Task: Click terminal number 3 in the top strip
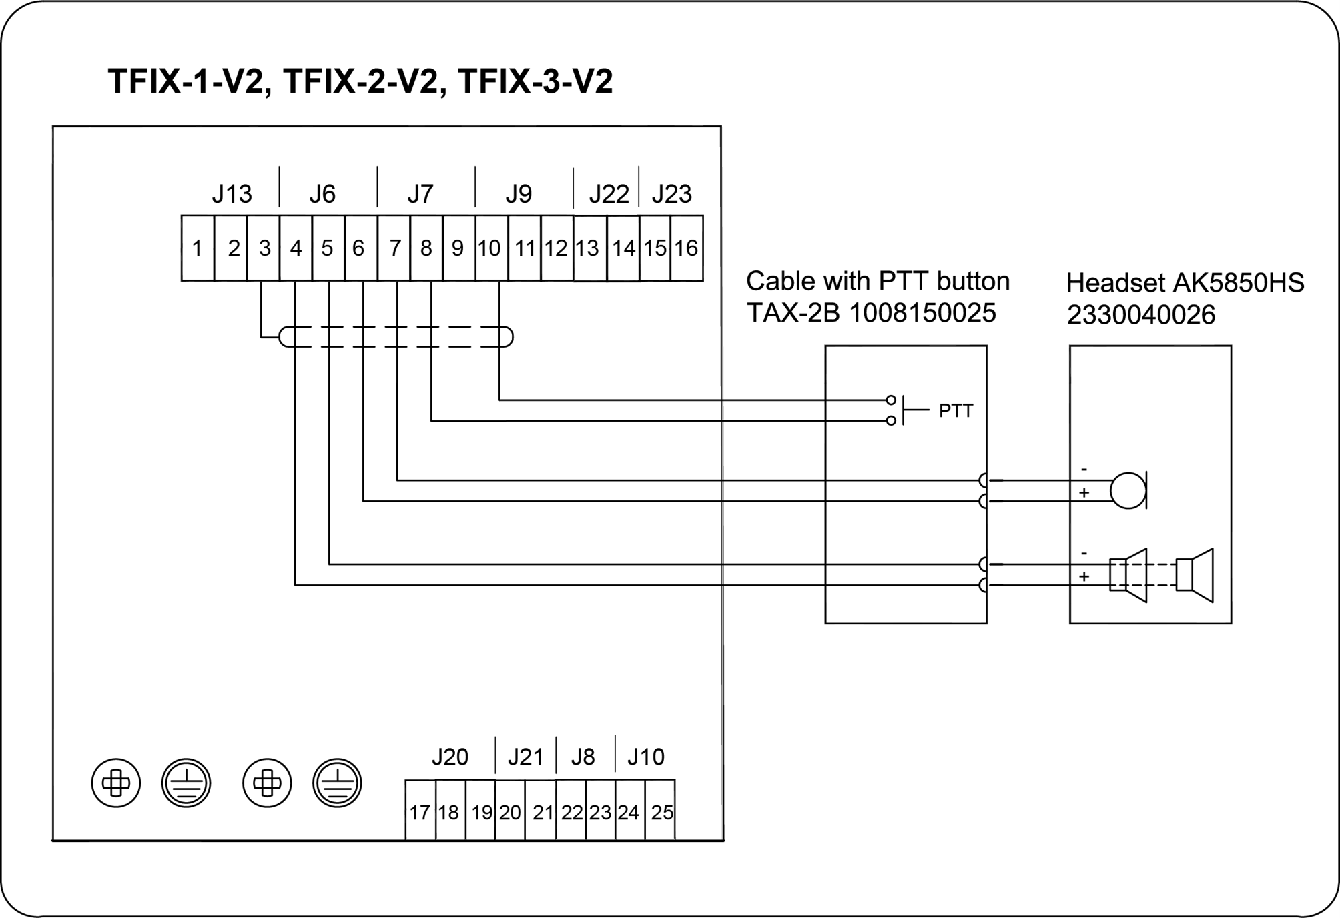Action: pos(264,248)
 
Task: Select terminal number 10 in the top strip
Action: pos(489,248)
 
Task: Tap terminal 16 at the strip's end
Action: pos(686,248)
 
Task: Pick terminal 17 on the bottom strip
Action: pos(420,812)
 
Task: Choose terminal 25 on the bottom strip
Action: pos(661,812)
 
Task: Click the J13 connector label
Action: pos(232,194)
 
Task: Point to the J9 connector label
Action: pos(518,194)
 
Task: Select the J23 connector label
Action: pos(671,194)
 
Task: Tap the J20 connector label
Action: pos(450,757)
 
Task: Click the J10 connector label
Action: pos(645,757)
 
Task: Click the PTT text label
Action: pos(956,411)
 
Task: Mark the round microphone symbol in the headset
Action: pos(1128,490)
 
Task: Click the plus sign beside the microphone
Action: pos(1084,493)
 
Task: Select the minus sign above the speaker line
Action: pos(1084,554)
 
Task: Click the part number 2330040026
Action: pos(1141,315)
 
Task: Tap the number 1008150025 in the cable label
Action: pos(922,313)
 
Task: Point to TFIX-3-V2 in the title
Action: pos(535,81)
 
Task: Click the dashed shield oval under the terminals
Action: pos(396,337)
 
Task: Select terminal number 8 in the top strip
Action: pos(426,248)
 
